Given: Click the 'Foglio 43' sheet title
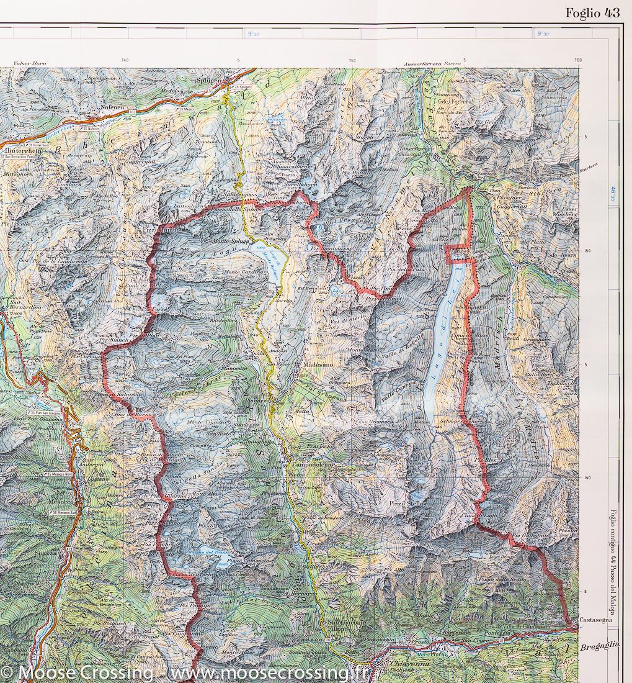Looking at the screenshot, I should coord(592,13).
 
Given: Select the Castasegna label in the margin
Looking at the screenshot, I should coord(597,620).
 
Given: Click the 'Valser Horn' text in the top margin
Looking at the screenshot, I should coord(30,64).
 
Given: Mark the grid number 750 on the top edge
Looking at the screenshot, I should coord(352,60).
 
